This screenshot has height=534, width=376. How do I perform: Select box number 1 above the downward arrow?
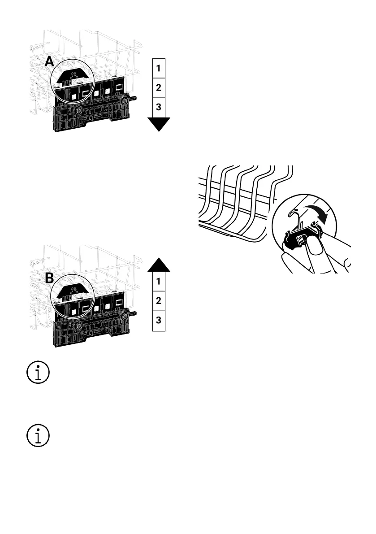[x=159, y=68]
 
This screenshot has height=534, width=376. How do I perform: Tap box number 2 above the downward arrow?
[x=159, y=88]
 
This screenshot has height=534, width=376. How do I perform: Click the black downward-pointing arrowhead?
[x=159, y=124]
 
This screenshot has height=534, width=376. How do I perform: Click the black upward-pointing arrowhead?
[x=159, y=264]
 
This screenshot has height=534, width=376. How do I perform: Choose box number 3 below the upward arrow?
[x=159, y=321]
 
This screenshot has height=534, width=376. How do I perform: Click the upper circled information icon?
[x=38, y=373]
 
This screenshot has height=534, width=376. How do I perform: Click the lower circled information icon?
[x=38, y=436]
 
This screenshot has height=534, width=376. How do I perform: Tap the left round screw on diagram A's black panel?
[x=78, y=110]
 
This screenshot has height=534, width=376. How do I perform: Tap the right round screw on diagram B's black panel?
[x=124, y=317]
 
